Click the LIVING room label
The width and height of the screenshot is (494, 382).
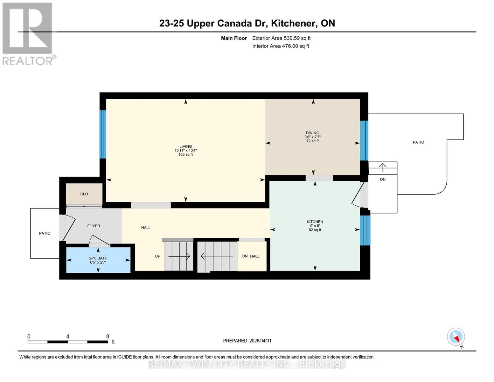tap(185, 147)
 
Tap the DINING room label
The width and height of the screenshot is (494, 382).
tap(312, 133)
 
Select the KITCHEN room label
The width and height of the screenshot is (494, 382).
tap(315, 222)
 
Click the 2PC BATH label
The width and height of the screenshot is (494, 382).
tap(98, 258)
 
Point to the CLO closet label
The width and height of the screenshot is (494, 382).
tap(84, 194)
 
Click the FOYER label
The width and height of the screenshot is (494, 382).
tap(94, 226)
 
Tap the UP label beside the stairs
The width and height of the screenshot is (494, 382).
tap(157, 256)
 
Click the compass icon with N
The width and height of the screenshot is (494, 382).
tap(456, 337)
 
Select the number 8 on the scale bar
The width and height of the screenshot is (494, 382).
tap(108, 336)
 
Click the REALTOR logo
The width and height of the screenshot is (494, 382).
tap(28, 33)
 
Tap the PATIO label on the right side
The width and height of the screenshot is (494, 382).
tap(418, 142)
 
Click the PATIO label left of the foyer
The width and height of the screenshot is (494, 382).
tap(45, 233)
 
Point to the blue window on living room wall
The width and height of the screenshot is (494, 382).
tap(102, 134)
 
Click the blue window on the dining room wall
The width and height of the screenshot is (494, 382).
tap(364, 140)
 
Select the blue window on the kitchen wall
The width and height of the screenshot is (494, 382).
tap(365, 230)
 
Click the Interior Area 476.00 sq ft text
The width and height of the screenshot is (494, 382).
tap(281, 46)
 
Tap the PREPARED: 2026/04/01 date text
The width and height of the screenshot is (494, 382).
tap(247, 341)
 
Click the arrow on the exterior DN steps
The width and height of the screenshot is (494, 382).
tap(383, 167)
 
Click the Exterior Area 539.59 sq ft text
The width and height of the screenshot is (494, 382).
tap(281, 38)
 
